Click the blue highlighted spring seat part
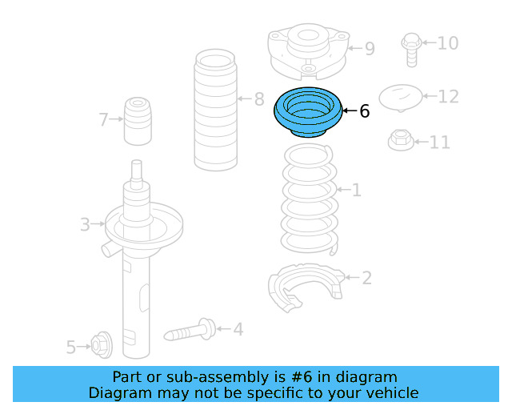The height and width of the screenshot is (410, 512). point(308,113)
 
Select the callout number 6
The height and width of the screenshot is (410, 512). point(365,111)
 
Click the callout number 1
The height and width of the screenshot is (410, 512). point(356,190)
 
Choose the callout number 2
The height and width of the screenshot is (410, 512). point(366,278)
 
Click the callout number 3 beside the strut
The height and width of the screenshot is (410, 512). point(85,224)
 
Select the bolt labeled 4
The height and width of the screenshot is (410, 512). point(189,330)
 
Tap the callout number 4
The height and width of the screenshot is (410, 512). point(238,328)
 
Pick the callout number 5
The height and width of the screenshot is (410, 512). point(70,347)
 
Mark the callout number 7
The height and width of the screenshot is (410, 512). point(103,120)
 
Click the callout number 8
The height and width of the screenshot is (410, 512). point(258,99)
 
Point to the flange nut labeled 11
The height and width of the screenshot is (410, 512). point(401,140)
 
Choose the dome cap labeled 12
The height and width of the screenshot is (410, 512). point(401,98)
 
